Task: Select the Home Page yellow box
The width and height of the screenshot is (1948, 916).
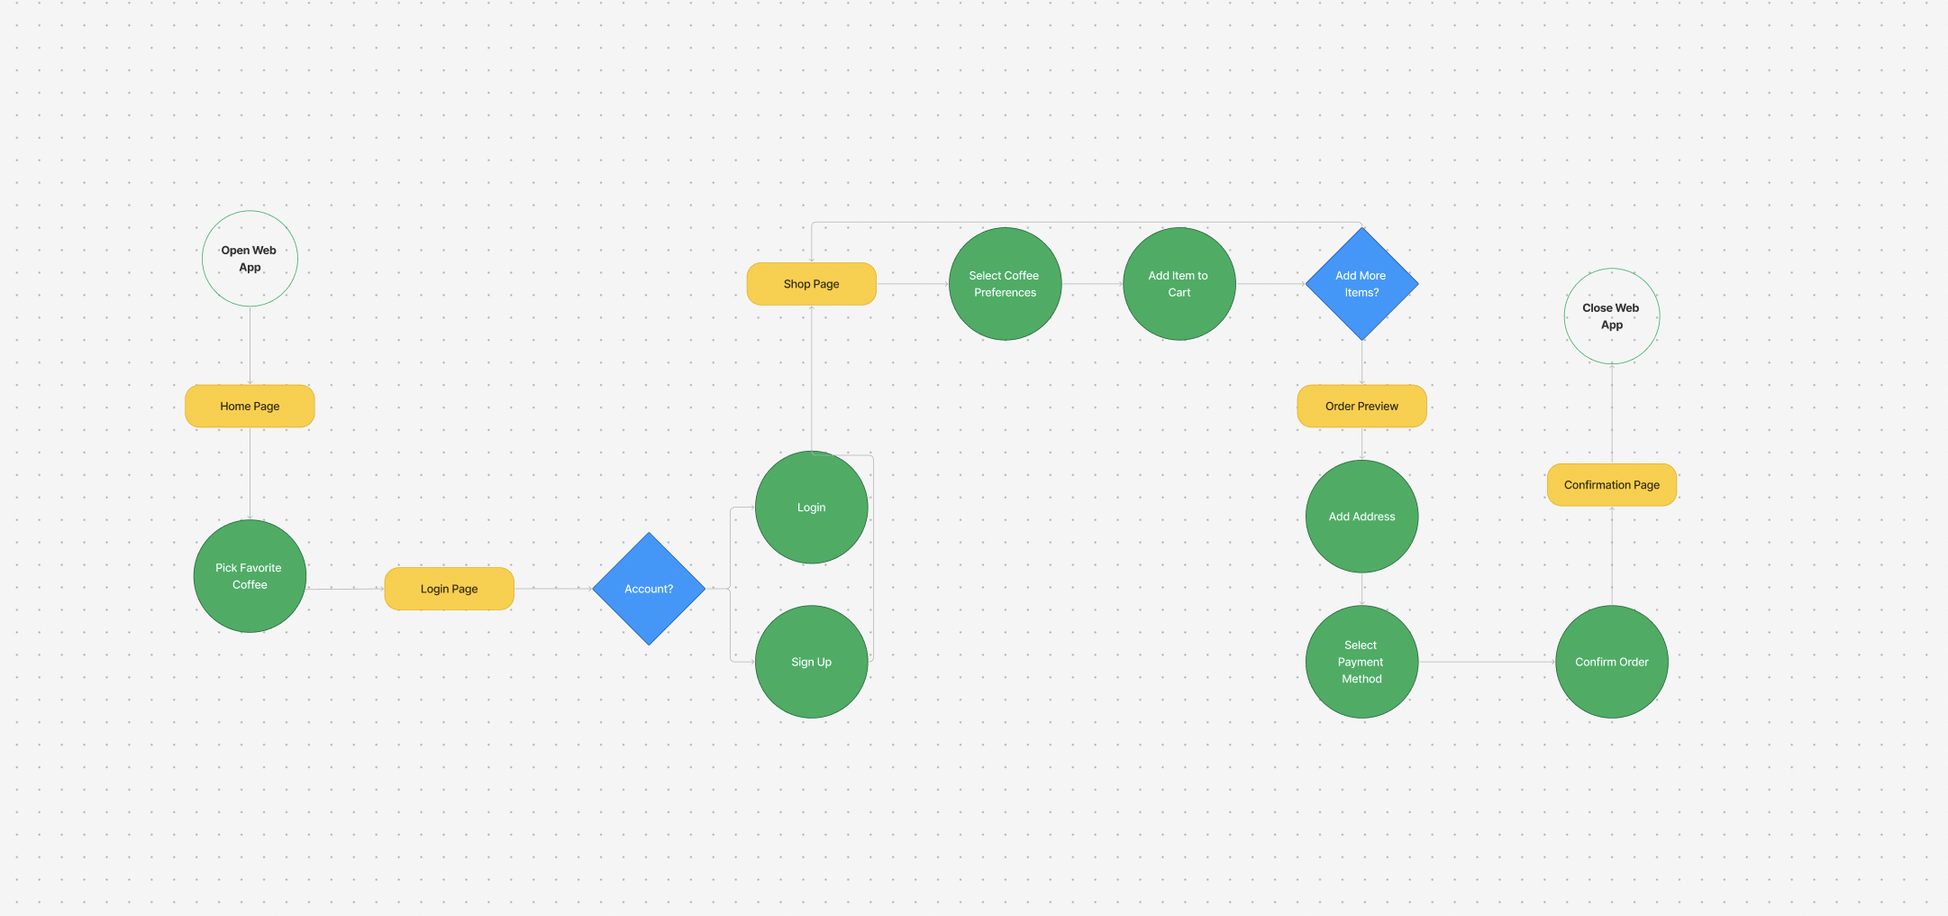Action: pos(250,406)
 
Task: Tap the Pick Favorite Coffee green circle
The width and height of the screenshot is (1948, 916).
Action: pos(250,576)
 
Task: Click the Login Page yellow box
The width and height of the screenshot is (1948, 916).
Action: pos(450,589)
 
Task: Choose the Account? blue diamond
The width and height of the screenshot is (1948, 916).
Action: pos(649,589)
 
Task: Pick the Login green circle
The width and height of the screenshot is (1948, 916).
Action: pos(812,508)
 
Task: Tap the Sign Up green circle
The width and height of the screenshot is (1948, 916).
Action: pos(812,662)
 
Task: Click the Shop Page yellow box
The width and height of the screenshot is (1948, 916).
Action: pos(812,284)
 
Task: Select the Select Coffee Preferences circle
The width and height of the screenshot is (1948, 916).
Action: pos(1006,284)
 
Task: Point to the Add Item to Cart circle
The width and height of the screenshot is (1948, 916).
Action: pos(1179,284)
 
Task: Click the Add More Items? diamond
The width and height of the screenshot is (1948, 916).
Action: pos(1362,284)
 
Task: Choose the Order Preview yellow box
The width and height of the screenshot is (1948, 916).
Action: pos(1362,406)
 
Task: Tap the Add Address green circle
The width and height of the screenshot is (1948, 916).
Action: pos(1362,517)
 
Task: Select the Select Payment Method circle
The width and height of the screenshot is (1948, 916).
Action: pos(1362,662)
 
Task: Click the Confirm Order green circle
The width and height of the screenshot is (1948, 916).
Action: pos(1612,662)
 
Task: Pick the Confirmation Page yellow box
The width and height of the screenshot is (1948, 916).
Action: pos(1612,485)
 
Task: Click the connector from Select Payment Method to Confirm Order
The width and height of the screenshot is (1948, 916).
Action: pos(1488,662)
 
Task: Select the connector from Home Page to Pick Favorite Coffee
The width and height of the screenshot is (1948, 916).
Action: pos(250,473)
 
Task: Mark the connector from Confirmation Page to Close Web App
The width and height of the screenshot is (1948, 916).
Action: pos(1612,414)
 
